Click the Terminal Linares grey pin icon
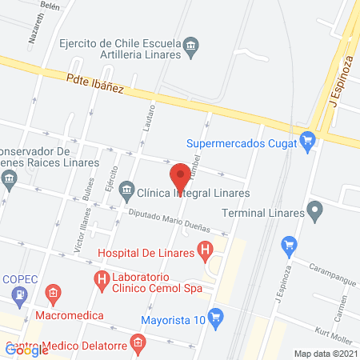coord(315,213)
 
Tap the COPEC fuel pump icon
coord(18,296)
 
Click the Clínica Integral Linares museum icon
coord(126,192)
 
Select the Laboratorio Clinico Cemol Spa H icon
coord(102,279)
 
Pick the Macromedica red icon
coord(54,294)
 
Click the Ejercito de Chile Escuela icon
coord(191,45)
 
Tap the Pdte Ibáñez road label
coord(95,83)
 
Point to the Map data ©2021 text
coord(324,353)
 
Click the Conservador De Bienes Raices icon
coord(9,178)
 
